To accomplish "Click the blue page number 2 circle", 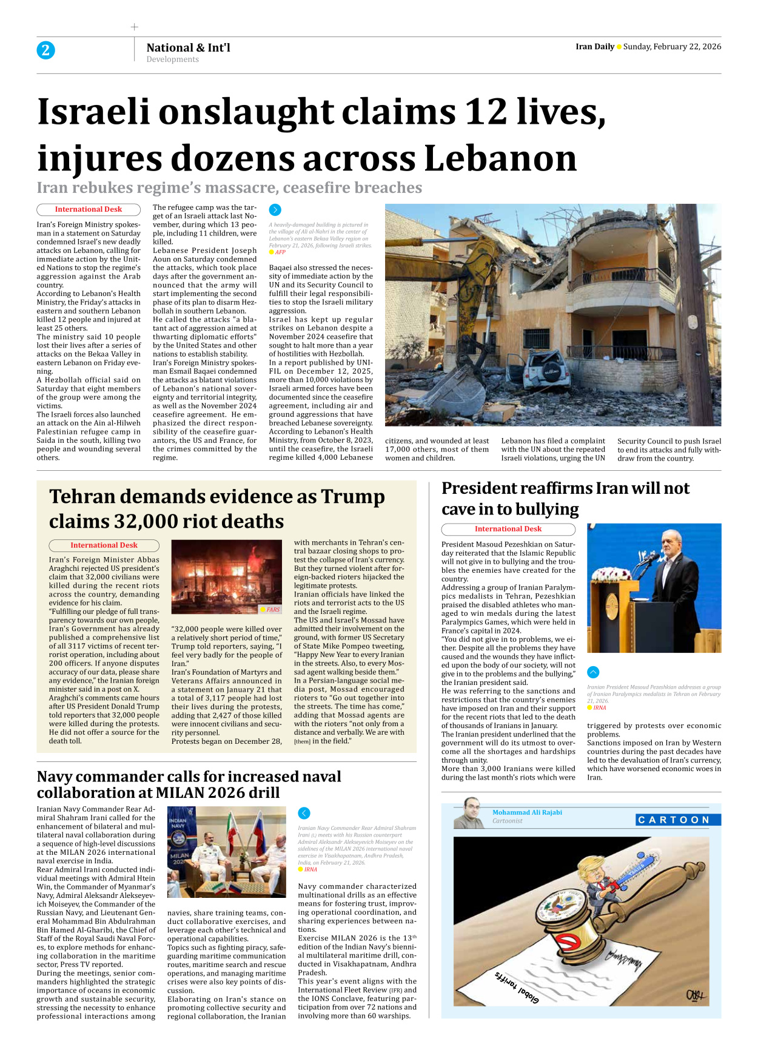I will click(x=45, y=50).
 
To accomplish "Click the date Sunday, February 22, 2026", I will click(x=672, y=47).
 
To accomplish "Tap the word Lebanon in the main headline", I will click(x=500, y=159).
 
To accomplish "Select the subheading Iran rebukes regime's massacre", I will click(x=229, y=188).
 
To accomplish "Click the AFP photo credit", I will click(x=280, y=252).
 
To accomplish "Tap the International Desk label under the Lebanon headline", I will click(x=89, y=209).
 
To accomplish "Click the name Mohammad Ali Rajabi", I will click(x=527, y=812).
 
